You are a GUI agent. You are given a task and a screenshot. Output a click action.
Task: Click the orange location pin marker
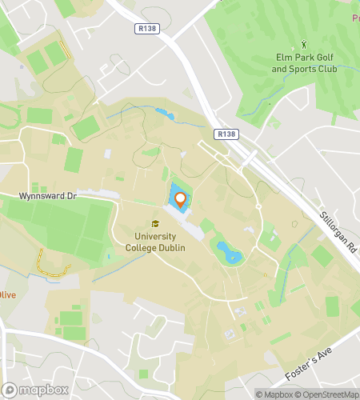click(x=180, y=200)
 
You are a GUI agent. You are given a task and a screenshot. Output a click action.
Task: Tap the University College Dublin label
click(x=154, y=242)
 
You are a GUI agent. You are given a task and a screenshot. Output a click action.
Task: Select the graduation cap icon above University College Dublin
click(x=154, y=223)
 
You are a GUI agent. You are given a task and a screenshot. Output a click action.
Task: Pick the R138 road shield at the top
click(x=144, y=27)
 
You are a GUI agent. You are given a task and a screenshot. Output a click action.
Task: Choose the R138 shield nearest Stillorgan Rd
click(x=227, y=135)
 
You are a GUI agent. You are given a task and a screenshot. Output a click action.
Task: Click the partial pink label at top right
click(x=354, y=16)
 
